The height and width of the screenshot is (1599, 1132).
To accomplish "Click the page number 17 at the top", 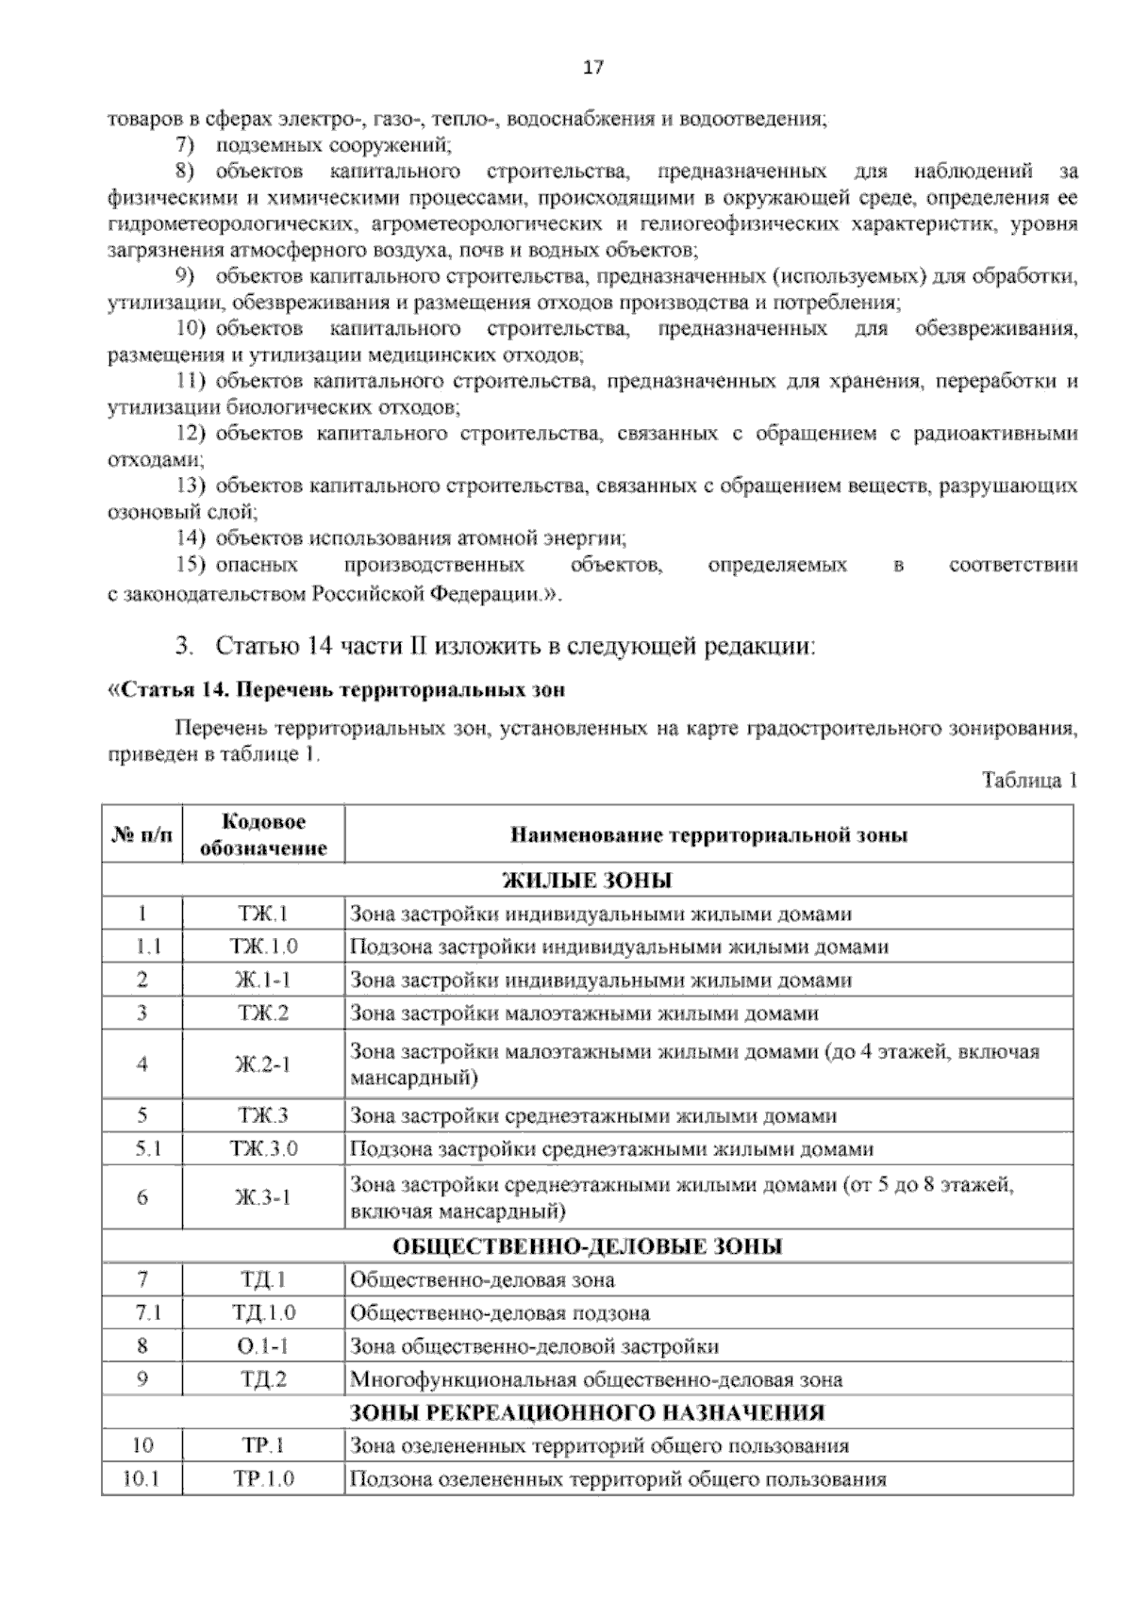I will tap(591, 68).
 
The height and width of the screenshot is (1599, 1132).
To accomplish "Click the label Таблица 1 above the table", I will tap(1028, 781).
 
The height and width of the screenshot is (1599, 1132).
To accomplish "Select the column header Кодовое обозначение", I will tap(263, 834).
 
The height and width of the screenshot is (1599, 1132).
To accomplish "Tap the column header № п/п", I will tap(142, 834).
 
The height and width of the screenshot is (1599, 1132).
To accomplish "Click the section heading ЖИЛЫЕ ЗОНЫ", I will tap(587, 881).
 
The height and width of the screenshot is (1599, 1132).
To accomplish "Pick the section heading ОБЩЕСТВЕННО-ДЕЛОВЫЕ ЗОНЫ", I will tap(587, 1246).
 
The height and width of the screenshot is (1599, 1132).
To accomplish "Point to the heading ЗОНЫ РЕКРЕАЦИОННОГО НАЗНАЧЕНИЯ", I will tap(587, 1412).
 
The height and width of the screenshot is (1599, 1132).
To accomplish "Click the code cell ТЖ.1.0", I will tap(263, 947).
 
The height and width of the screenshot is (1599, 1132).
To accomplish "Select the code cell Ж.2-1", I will tap(263, 1064).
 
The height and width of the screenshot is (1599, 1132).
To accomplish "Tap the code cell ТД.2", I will tap(263, 1379).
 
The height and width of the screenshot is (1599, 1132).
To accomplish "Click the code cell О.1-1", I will tap(263, 1346).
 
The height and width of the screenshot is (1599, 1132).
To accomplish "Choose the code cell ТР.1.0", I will tap(263, 1478).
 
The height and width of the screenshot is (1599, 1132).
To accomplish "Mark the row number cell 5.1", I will tap(142, 1148).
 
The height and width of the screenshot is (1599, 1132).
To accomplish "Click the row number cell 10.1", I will tap(142, 1478).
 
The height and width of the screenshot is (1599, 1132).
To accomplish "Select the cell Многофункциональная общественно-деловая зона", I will tap(596, 1379).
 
